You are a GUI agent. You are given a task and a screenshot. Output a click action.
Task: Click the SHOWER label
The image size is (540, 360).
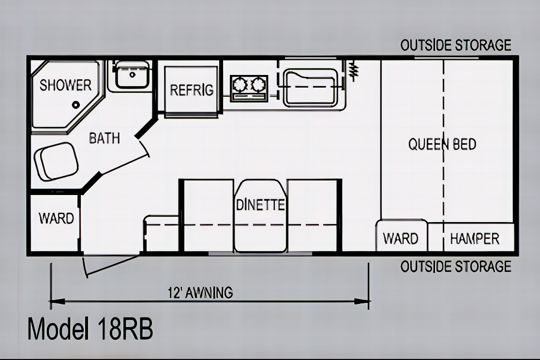[65, 85]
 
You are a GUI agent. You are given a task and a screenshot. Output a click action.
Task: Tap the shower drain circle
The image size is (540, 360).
[76, 105]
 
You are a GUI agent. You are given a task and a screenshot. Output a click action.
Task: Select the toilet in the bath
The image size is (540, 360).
[57, 162]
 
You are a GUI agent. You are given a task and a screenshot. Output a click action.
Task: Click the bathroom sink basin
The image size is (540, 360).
[132, 74]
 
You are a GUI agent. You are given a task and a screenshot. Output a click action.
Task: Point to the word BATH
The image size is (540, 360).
[105, 138]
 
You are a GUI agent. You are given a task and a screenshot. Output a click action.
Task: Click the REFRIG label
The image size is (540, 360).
[192, 90]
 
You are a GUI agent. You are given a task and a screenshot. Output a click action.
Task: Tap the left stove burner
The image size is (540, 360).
[240, 84]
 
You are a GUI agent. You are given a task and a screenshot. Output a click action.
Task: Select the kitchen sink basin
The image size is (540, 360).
[310, 87]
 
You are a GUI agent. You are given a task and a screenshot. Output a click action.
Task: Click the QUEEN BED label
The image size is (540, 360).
[442, 144]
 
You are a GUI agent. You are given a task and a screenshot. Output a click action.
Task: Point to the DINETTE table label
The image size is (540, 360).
[260, 205]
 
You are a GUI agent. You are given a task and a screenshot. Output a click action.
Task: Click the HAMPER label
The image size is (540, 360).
[475, 239]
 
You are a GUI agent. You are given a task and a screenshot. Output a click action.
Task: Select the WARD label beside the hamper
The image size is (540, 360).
[401, 239]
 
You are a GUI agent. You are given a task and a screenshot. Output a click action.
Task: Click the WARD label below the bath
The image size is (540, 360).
[56, 218]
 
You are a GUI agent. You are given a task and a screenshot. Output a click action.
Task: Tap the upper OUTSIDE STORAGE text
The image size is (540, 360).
[456, 45]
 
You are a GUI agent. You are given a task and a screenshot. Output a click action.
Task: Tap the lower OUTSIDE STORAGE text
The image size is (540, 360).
[456, 267]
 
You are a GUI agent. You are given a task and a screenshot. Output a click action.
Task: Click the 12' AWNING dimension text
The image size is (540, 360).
[200, 293]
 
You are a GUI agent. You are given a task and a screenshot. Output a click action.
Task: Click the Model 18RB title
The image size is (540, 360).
[90, 329]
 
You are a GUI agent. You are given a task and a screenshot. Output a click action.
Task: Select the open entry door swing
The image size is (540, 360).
[111, 265]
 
